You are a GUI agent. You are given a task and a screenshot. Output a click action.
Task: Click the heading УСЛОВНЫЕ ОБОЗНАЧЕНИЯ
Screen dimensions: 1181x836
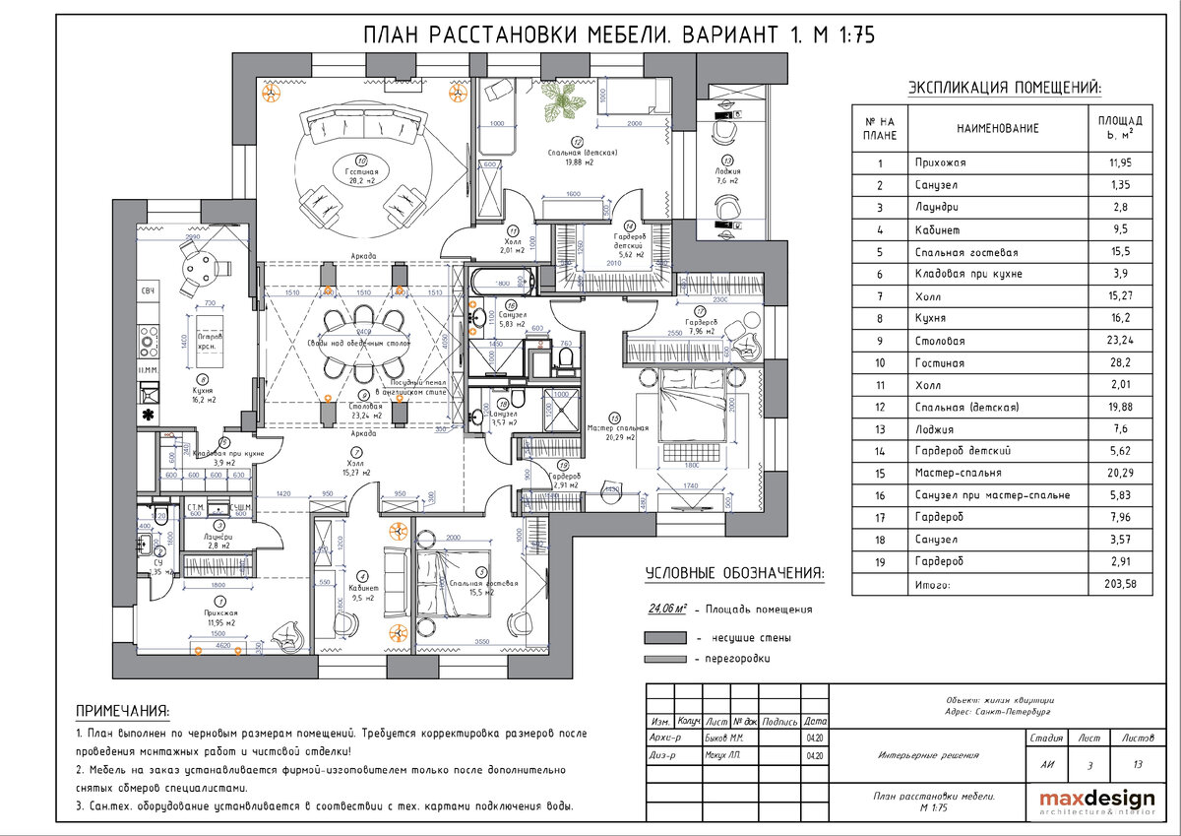point(734,574)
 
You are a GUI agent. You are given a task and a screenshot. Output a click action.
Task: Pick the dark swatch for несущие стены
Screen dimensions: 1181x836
point(664,637)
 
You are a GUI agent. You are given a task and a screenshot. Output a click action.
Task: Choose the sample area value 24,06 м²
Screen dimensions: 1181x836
point(665,609)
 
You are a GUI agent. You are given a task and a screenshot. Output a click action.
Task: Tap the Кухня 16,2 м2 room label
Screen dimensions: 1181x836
point(204,395)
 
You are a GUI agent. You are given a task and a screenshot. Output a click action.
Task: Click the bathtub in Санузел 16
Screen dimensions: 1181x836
point(503,280)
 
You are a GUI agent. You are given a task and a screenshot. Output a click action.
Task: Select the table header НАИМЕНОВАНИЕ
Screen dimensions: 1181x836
point(997,128)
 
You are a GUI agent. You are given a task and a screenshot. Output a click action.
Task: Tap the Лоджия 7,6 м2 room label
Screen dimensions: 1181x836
point(727,175)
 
